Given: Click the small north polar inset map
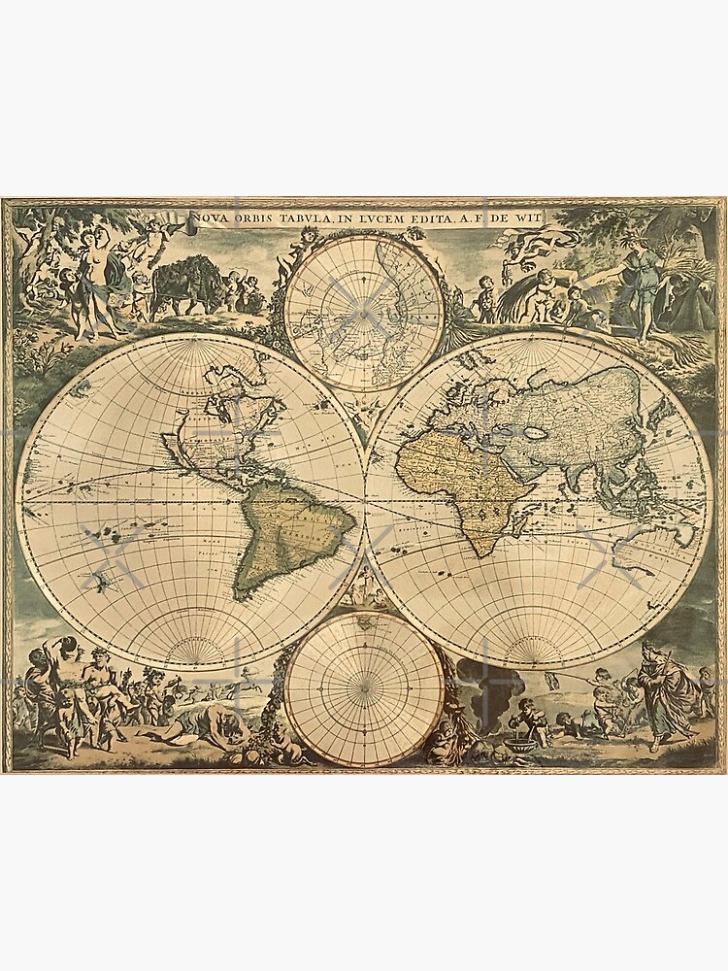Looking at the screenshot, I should (x=364, y=301).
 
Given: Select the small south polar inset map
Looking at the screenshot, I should (x=364, y=687).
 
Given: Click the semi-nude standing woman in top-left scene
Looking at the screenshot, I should (x=102, y=267).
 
